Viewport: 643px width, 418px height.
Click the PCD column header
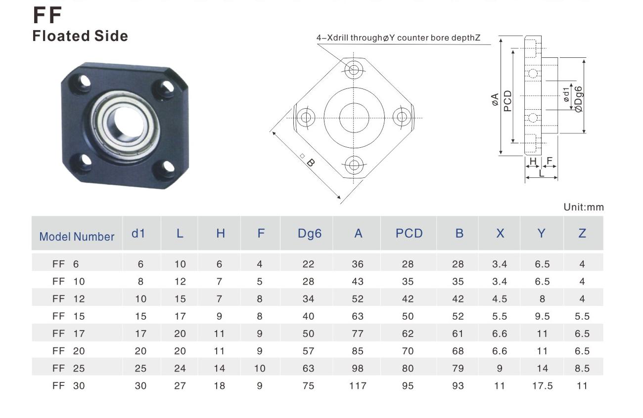pyautogui.click(x=409, y=233)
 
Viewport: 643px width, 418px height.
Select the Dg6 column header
pyautogui.click(x=310, y=234)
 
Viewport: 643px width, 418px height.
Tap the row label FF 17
pyautogui.click(x=69, y=334)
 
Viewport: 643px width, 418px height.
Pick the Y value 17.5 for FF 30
pyautogui.click(x=542, y=385)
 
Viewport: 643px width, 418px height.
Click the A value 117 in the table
pyautogui.click(x=358, y=385)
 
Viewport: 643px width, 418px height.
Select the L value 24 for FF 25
pyautogui.click(x=180, y=368)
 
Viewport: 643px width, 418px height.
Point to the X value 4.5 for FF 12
pyautogui.click(x=500, y=299)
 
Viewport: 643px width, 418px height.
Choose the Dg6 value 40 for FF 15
pyautogui.click(x=308, y=316)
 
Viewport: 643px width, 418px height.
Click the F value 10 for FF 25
pyautogui.click(x=260, y=368)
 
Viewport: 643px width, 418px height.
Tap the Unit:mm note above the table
pyautogui.click(x=584, y=207)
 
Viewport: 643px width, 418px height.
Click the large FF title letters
pyautogui.click(x=47, y=15)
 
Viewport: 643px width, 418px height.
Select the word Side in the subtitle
pyautogui.click(x=111, y=36)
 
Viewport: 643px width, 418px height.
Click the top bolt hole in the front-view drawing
pyautogui.click(x=354, y=70)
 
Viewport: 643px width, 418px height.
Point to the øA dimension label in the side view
pyautogui.click(x=495, y=99)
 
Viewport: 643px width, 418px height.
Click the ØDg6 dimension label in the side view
pyautogui.click(x=579, y=99)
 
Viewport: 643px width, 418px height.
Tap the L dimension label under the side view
pyautogui.click(x=541, y=173)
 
